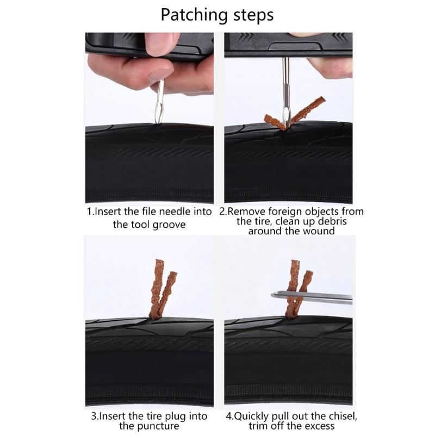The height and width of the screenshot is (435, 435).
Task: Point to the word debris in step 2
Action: click(332, 221)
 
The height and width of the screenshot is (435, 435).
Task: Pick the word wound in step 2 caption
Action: click(319, 231)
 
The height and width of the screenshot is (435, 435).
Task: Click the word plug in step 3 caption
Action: click(175, 417)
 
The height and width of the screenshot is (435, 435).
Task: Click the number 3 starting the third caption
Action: click(94, 417)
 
